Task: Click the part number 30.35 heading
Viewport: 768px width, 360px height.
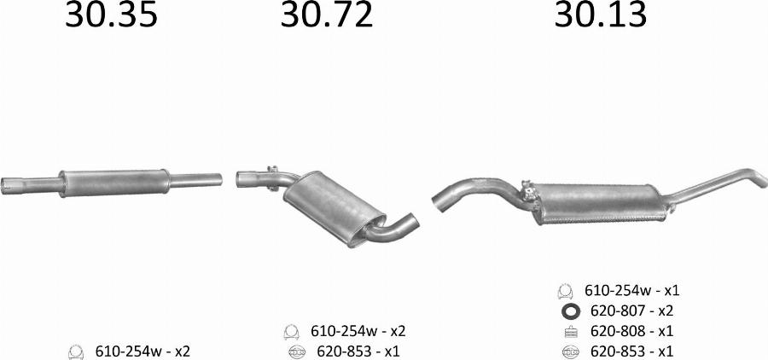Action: (x=111, y=15)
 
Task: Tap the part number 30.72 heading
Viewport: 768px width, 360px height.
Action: (x=326, y=15)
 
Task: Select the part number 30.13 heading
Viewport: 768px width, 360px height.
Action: (x=601, y=15)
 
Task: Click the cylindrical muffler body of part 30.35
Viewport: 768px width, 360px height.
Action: (x=114, y=183)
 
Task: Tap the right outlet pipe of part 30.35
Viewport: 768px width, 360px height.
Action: (x=196, y=180)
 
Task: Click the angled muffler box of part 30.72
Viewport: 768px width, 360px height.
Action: (x=334, y=208)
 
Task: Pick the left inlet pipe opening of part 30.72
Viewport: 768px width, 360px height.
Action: (x=240, y=179)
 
